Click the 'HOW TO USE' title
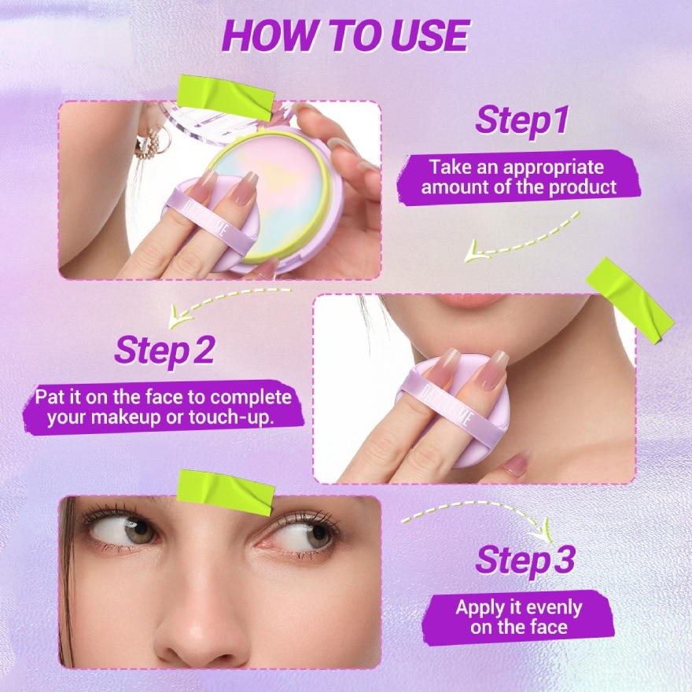[345, 35]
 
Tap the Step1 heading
[523, 121]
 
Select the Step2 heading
[164, 351]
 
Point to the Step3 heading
[525, 561]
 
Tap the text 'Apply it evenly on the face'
[519, 617]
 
